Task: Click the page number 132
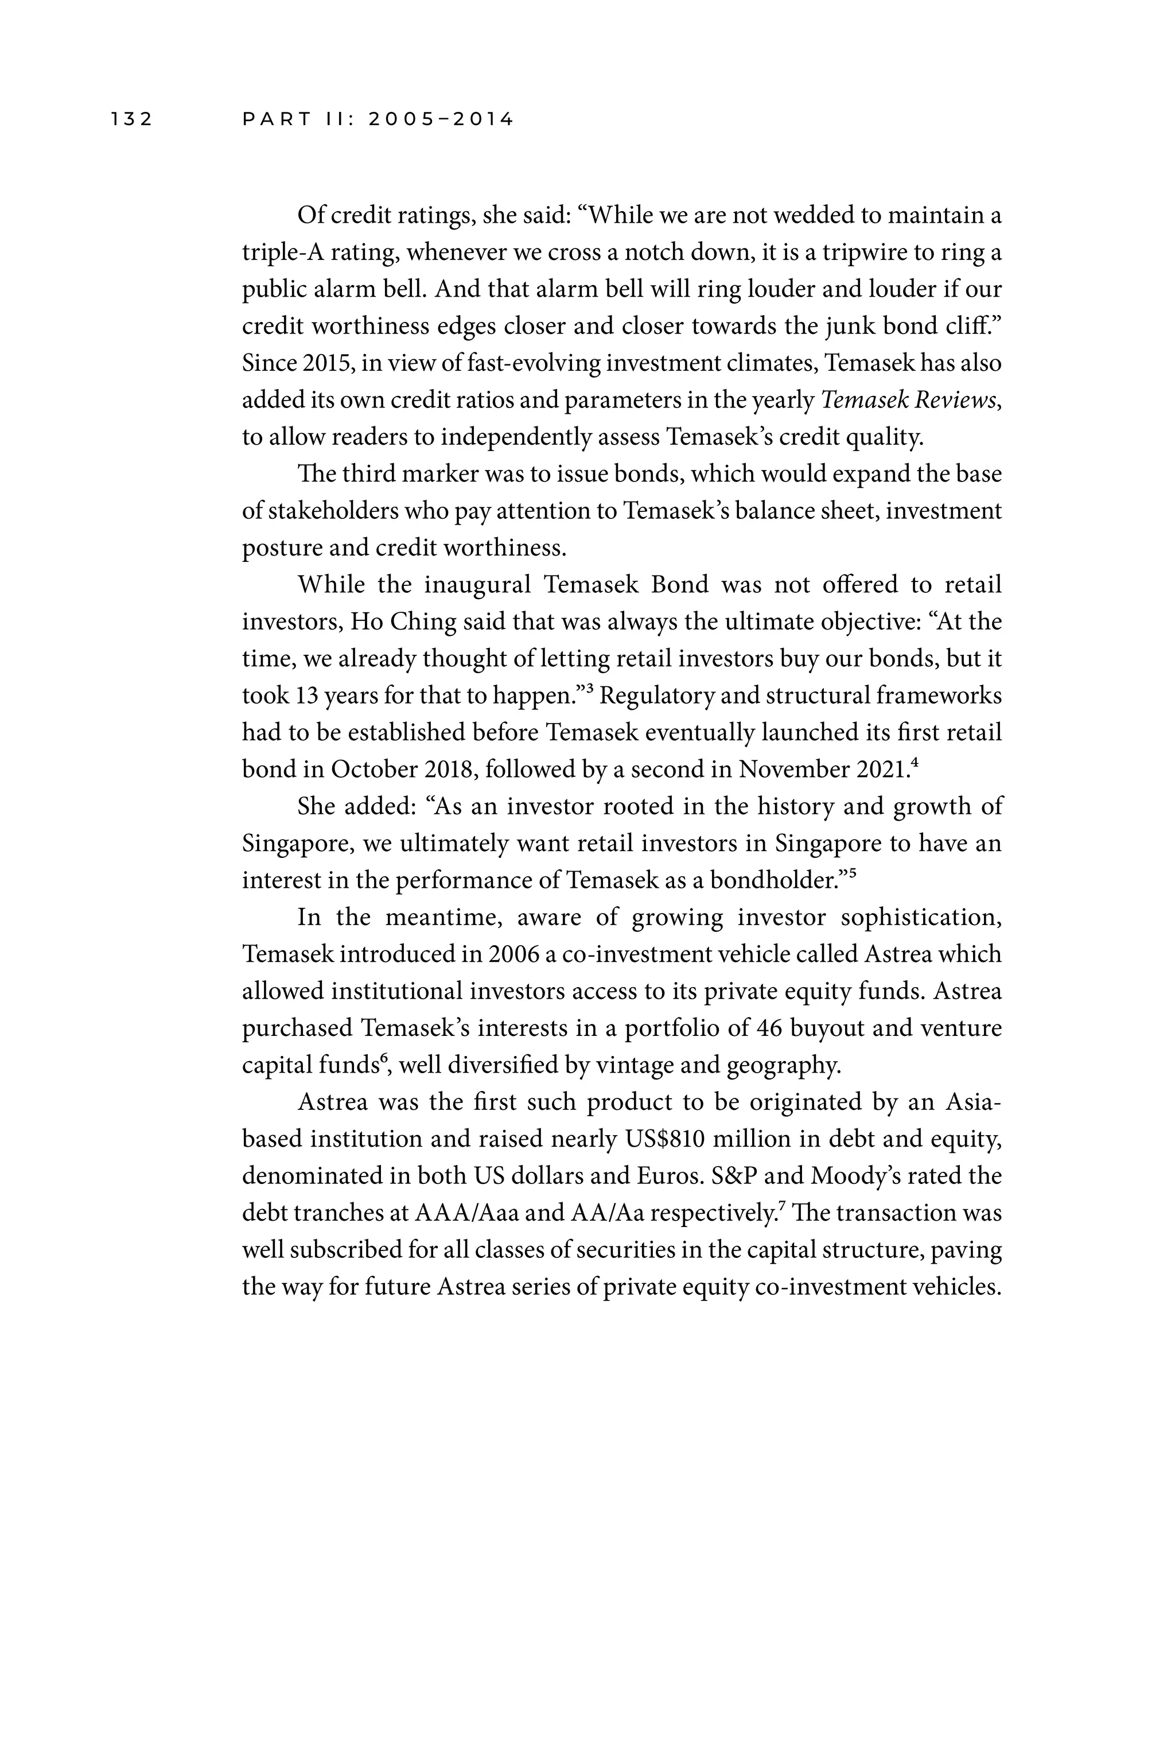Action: tap(132, 119)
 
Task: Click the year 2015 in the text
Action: tap(323, 363)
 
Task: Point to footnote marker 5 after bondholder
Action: tap(852, 873)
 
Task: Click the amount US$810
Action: tap(664, 1139)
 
